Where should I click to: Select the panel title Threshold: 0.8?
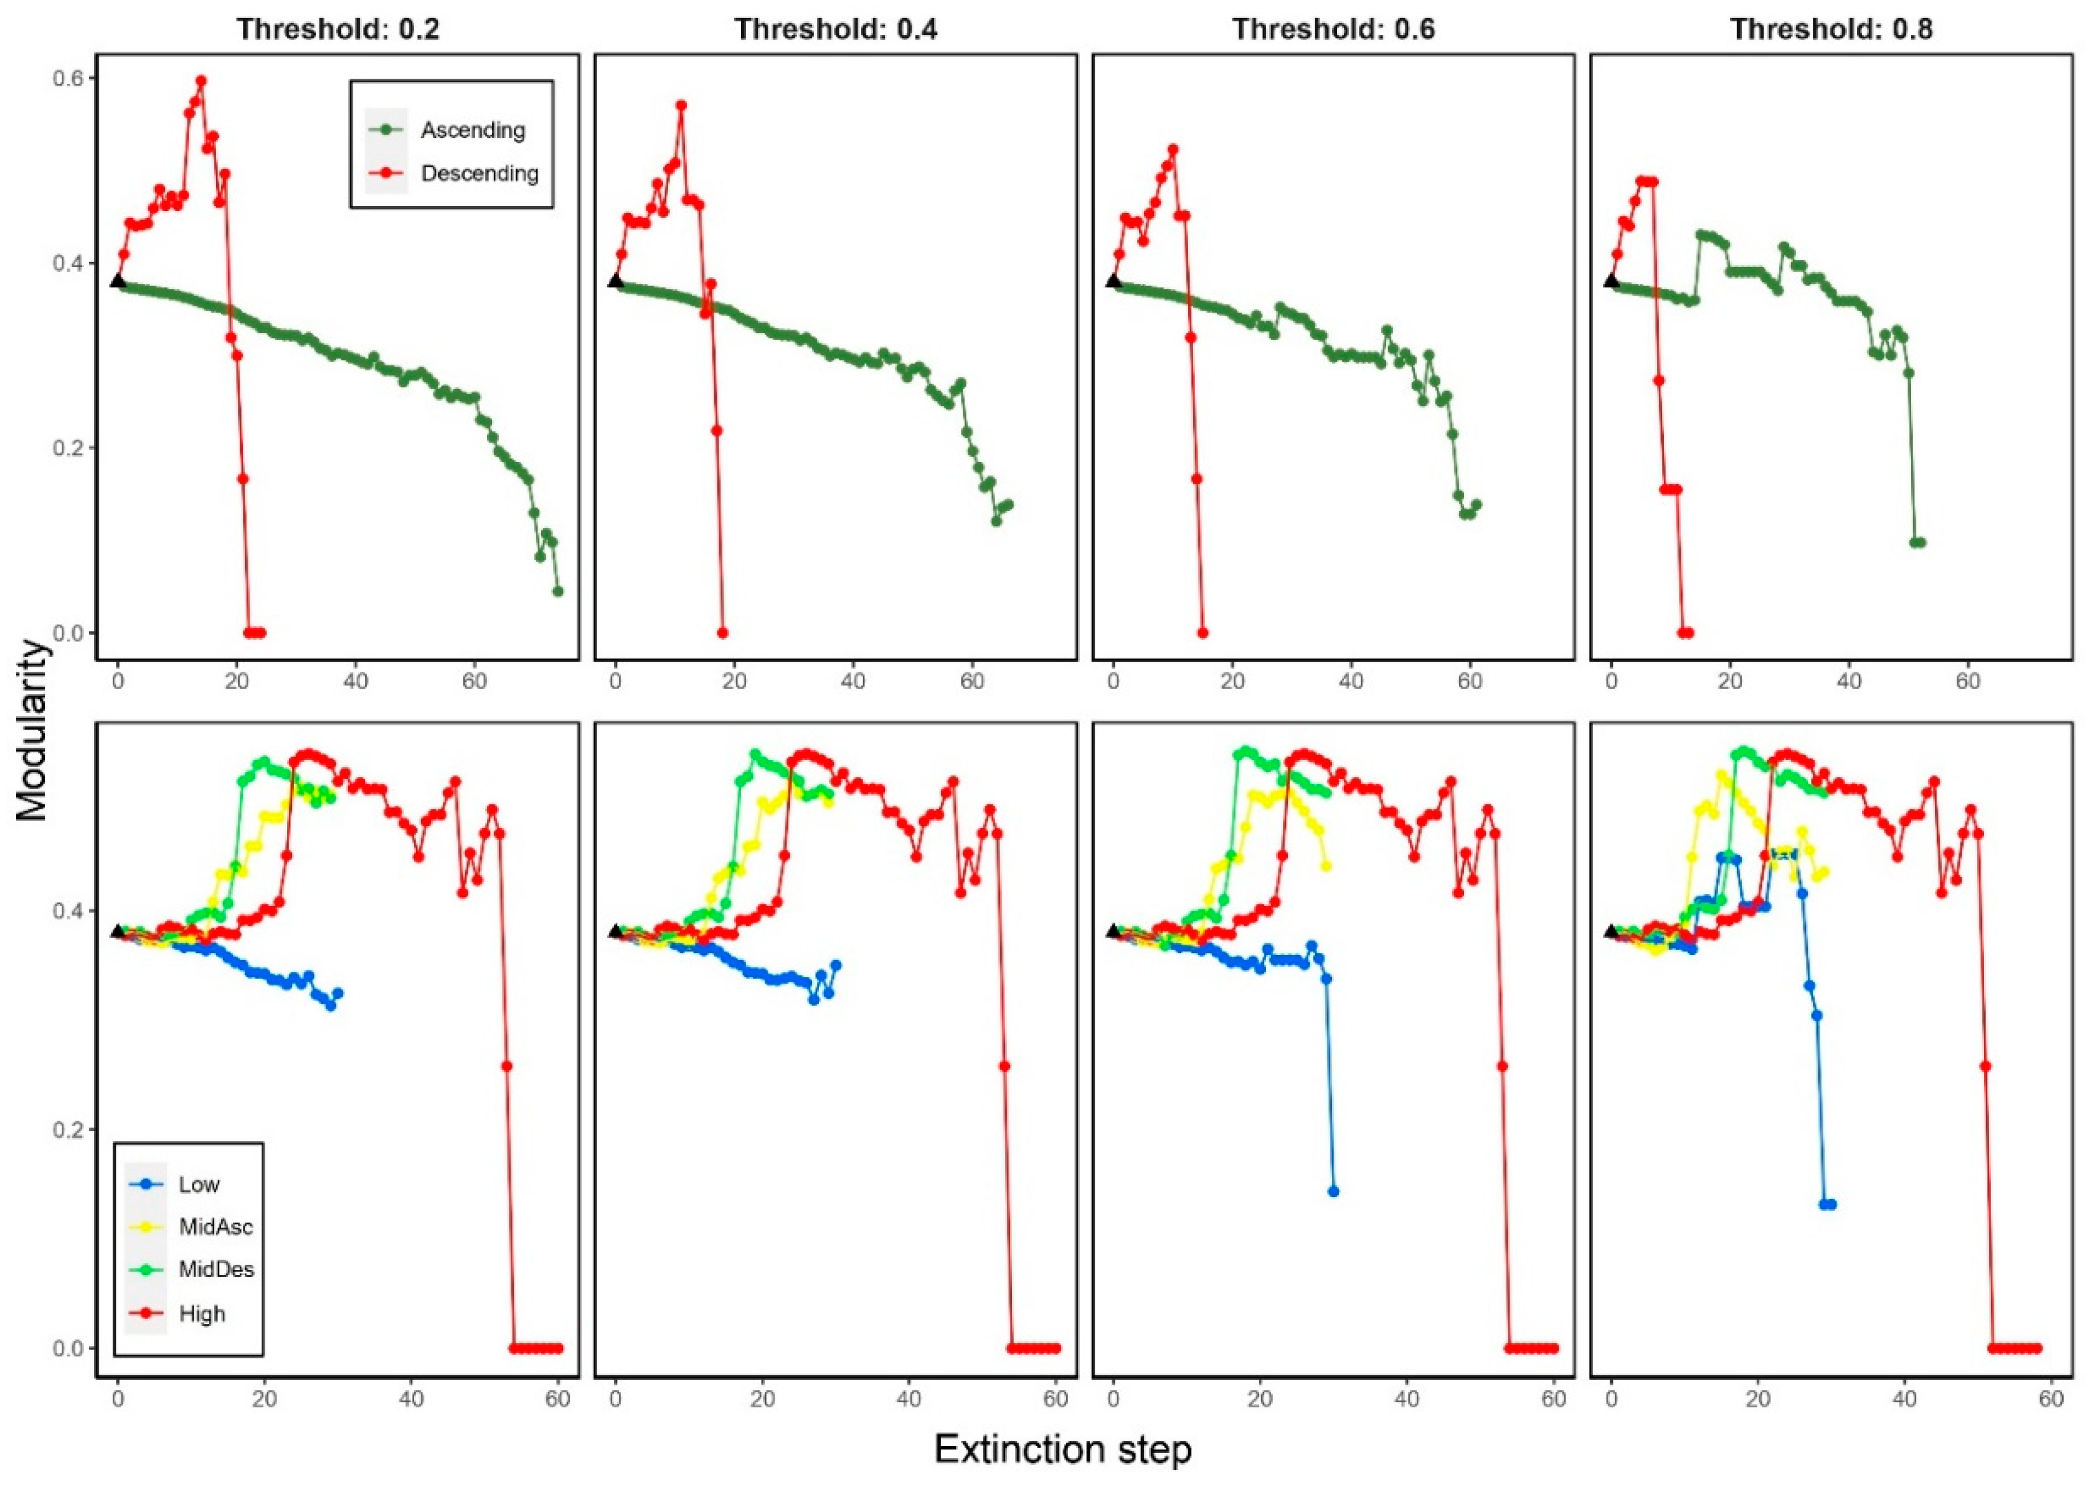[x=1831, y=29]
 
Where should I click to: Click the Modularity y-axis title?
[x=31, y=730]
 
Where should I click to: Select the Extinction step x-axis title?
[x=1063, y=1449]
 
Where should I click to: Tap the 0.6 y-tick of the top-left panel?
[x=70, y=78]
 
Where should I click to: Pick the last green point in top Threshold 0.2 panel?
[x=557, y=591]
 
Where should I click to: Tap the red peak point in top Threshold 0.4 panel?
[x=681, y=105]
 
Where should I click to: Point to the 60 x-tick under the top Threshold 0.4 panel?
[x=972, y=682]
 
